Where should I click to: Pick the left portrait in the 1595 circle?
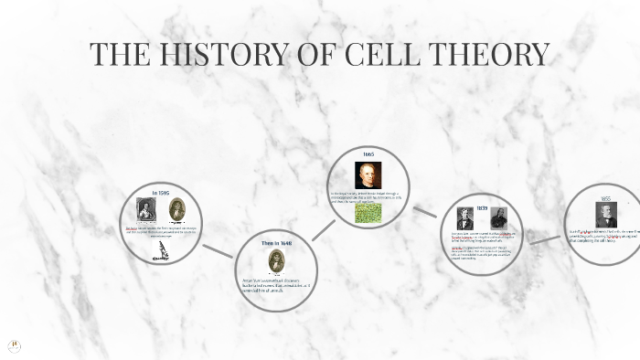[146, 209]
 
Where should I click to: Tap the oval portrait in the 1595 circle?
[176, 209]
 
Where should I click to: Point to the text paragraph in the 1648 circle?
[275, 284]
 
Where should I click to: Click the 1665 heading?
[368, 154]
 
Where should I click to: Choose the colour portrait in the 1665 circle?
[368, 175]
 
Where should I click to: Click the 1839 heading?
[481, 207]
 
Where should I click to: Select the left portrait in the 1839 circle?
[464, 220]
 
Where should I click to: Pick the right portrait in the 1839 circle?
[498, 220]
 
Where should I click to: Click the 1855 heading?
[604, 197]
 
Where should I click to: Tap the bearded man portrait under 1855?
[605, 216]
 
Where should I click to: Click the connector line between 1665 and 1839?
[425, 210]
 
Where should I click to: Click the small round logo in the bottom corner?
[15, 346]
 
